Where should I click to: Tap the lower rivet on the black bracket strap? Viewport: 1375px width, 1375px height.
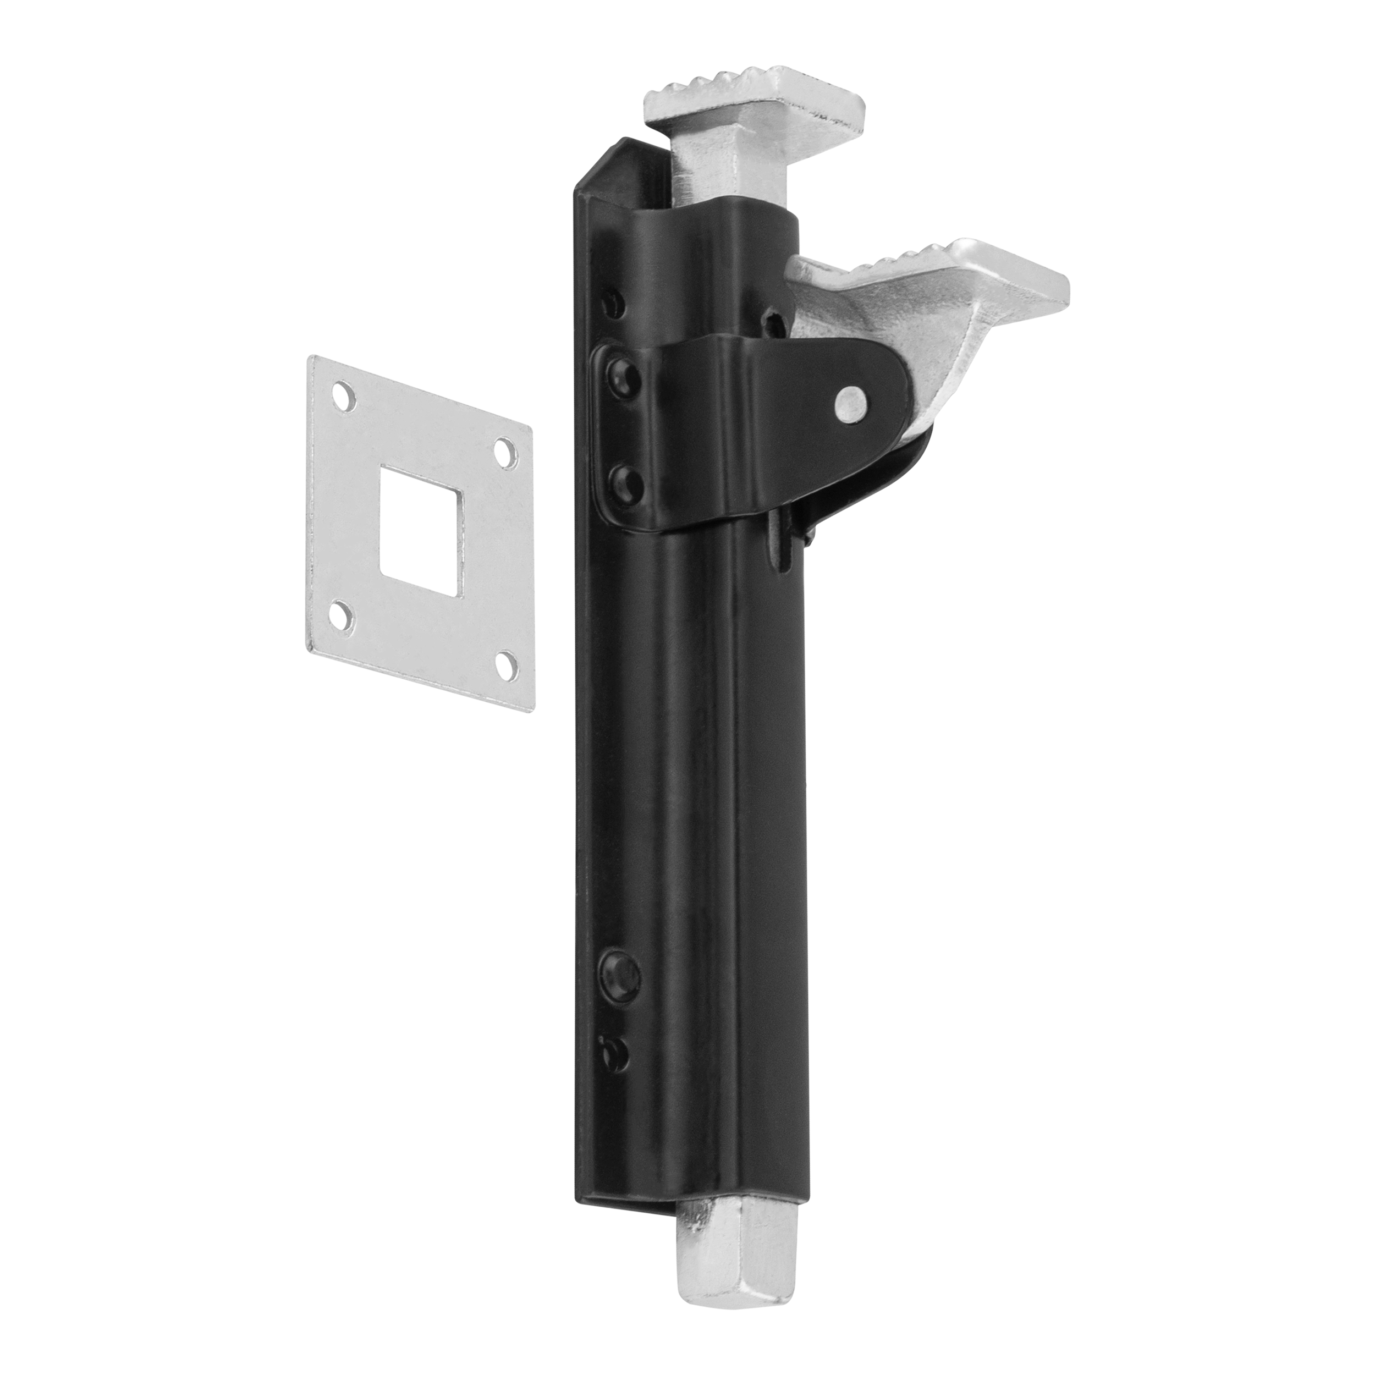coord(625,482)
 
